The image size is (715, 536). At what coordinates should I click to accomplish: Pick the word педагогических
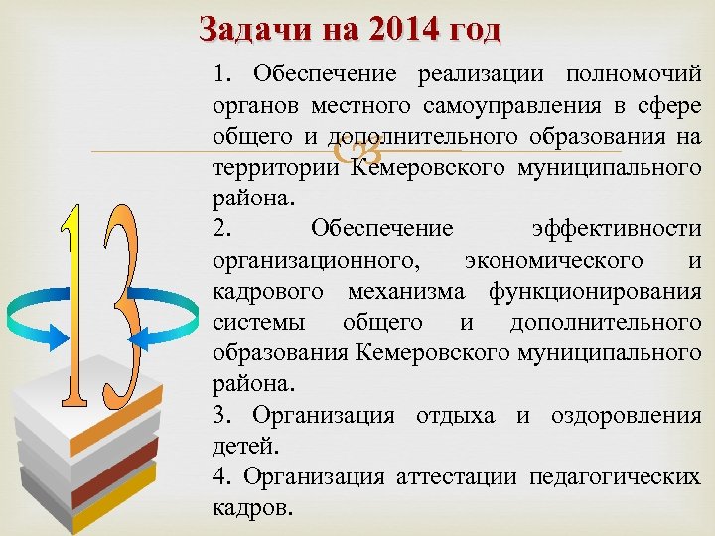click(615, 477)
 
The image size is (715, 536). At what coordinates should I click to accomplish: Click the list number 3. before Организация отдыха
click(222, 415)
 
